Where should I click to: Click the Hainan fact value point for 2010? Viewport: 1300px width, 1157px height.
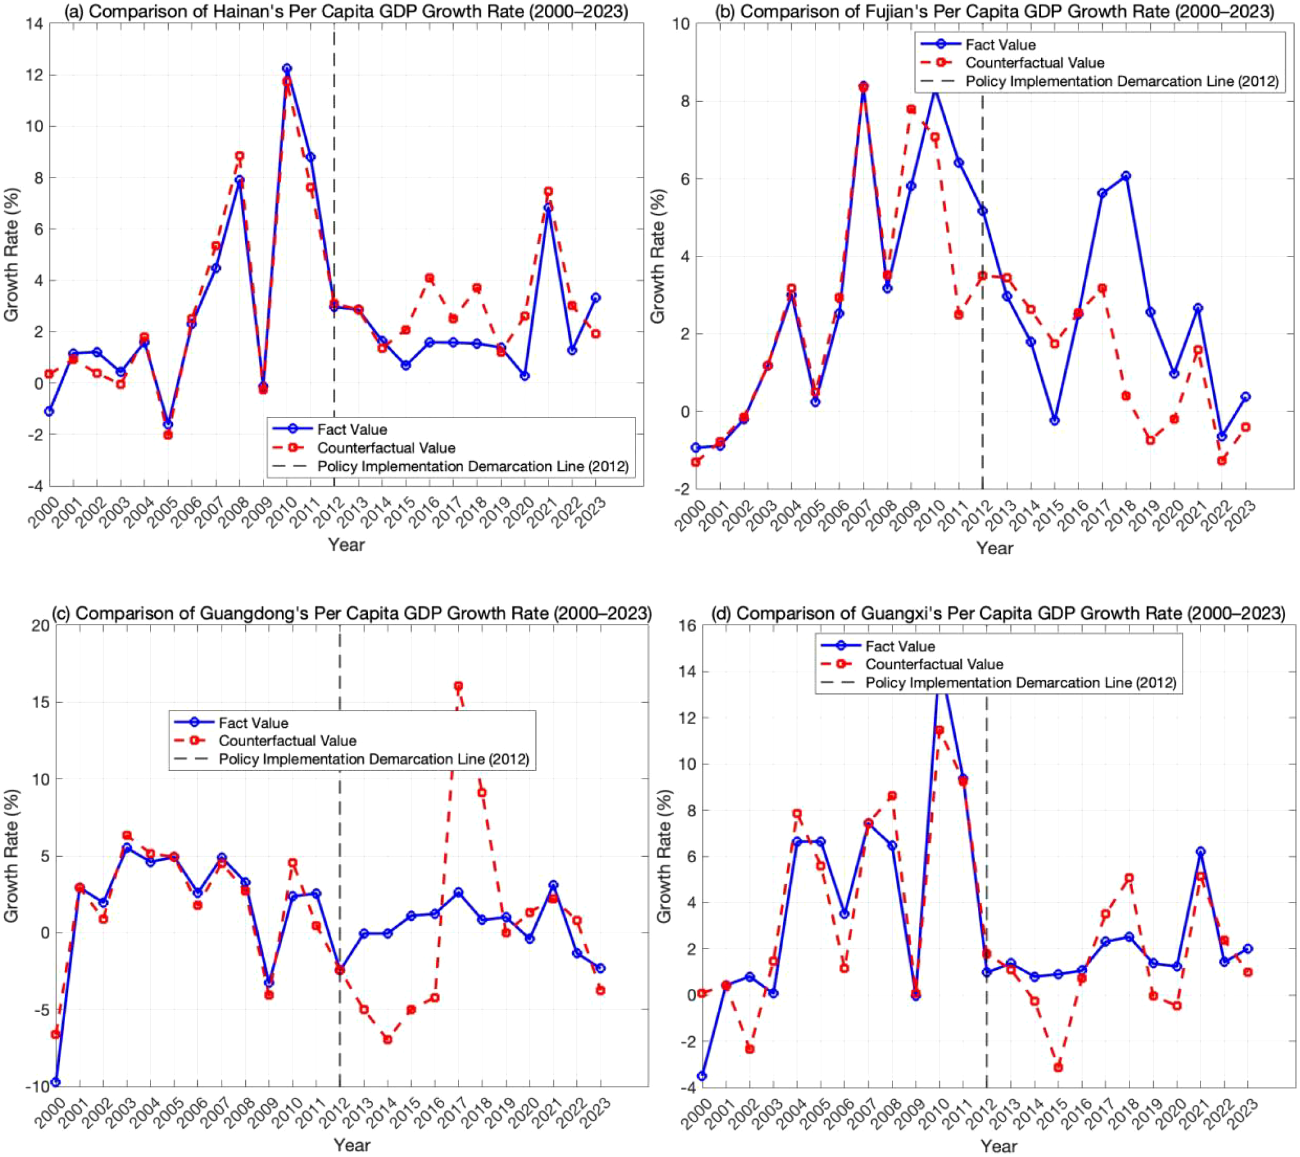[287, 68]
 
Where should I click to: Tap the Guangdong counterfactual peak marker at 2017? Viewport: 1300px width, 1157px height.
[458, 686]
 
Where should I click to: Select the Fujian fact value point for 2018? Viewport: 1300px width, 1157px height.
[1126, 175]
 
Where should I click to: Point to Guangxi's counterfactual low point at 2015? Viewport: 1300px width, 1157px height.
[1058, 1068]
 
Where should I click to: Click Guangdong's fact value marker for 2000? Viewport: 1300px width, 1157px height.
[56, 1082]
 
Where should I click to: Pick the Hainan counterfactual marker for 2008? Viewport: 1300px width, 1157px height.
[240, 156]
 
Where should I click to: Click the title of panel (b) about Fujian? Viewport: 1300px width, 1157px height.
[994, 11]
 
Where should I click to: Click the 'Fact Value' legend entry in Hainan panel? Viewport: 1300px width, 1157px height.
[352, 430]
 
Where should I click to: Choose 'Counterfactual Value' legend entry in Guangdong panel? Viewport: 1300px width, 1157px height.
[287, 741]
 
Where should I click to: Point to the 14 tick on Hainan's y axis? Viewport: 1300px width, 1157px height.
[34, 24]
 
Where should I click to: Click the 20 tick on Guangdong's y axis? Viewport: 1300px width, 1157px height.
[41, 625]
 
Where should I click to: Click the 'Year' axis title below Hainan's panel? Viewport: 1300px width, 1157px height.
[346, 545]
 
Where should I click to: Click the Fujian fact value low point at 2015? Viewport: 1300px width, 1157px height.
[1054, 421]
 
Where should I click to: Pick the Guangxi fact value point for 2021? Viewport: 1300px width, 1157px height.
[1200, 851]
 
